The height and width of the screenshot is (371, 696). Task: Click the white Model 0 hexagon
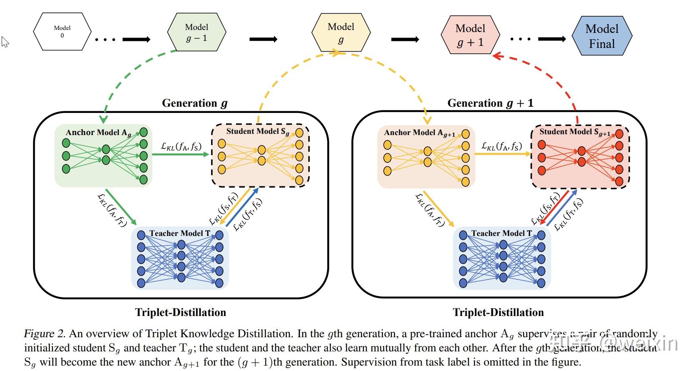[62, 32]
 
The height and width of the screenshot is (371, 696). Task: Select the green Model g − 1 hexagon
[196, 32]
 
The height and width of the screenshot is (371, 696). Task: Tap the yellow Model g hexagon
[341, 33]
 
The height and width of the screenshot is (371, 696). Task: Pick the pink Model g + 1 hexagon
[470, 35]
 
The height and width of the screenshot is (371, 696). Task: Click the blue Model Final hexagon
[602, 36]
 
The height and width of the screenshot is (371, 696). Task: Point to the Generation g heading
[194, 103]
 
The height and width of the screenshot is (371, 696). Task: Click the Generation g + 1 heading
[490, 103]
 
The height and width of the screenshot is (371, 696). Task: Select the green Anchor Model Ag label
[98, 133]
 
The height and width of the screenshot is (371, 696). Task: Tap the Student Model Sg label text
[257, 131]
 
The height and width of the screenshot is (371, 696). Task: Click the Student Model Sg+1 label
[575, 132]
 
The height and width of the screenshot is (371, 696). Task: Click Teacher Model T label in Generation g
[180, 233]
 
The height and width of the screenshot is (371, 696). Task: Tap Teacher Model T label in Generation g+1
[501, 233]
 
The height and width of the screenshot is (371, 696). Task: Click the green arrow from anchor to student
[180, 154]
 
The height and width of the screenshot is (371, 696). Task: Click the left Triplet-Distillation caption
[180, 312]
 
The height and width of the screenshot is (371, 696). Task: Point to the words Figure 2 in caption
[44, 333]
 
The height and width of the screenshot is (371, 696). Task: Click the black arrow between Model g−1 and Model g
[263, 39]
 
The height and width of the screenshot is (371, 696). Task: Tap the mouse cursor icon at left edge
[5, 42]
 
